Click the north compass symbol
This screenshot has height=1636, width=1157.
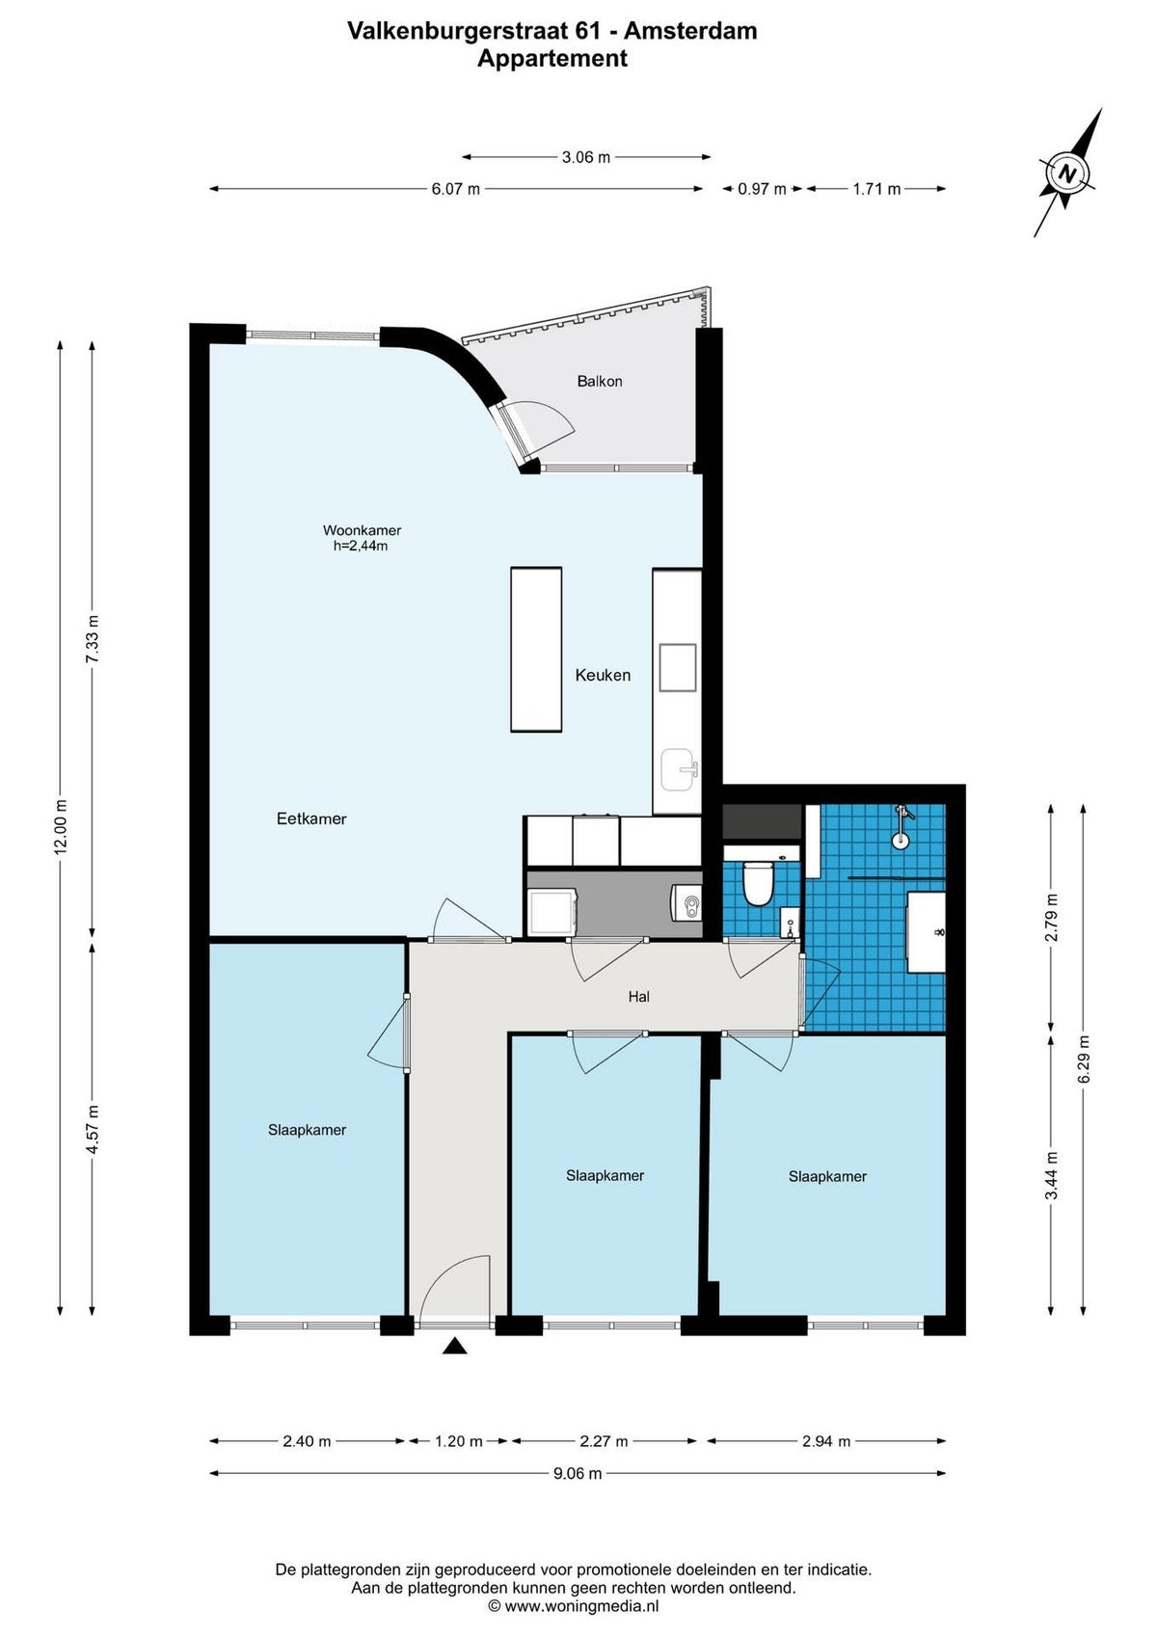(x=1068, y=174)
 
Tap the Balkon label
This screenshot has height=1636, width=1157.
(x=599, y=381)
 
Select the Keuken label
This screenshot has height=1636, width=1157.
(x=603, y=675)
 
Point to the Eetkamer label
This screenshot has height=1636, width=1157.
(x=311, y=818)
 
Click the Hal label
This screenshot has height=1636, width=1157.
(x=638, y=996)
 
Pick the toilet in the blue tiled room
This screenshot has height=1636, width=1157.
(x=753, y=881)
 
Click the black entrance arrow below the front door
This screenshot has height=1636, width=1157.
(x=454, y=1346)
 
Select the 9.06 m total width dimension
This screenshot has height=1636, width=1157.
(x=577, y=1473)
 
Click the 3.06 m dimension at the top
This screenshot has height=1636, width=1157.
(x=586, y=157)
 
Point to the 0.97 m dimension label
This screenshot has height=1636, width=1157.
(x=762, y=189)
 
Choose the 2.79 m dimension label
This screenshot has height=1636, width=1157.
(x=1051, y=918)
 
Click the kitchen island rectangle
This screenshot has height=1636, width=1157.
(x=536, y=649)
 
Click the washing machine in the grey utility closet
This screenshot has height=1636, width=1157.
(x=552, y=912)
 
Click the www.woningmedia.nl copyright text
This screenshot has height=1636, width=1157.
(x=574, y=1606)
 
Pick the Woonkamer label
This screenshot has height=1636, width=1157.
(x=362, y=530)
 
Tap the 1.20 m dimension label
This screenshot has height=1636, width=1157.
(x=458, y=1441)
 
